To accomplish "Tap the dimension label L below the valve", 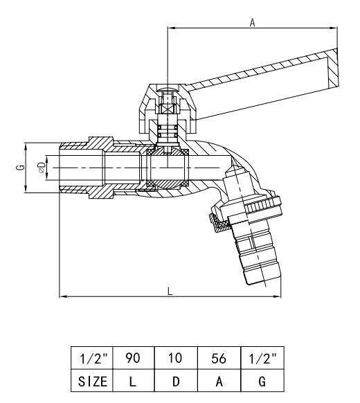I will pyautogui.click(x=170, y=291).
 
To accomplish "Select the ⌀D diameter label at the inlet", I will pyautogui.click(x=42, y=168).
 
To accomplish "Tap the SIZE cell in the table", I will pyautogui.click(x=92, y=380).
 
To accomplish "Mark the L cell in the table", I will pyautogui.click(x=133, y=380).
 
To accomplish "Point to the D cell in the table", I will pyautogui.click(x=176, y=380).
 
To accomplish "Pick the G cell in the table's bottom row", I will pyautogui.click(x=260, y=380).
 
